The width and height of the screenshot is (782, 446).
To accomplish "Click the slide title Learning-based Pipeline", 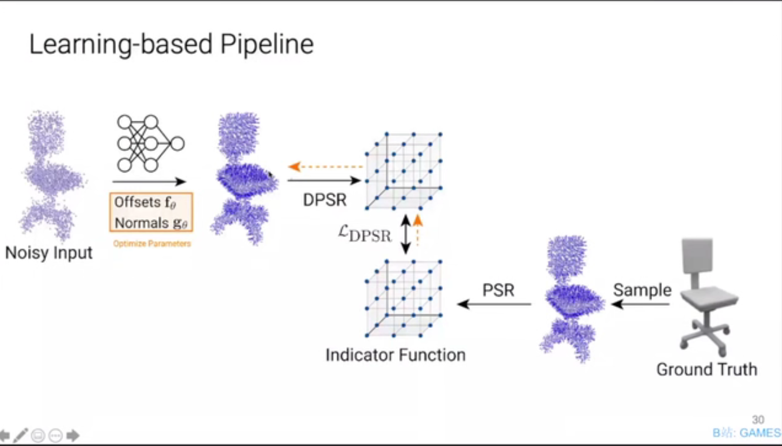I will [x=171, y=44].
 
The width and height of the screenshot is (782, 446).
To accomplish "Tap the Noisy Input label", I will [x=49, y=252].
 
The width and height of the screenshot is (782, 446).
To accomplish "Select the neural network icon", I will [x=151, y=143].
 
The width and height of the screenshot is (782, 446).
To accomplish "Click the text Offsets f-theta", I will [x=145, y=203].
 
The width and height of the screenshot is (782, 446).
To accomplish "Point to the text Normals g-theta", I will [x=151, y=222].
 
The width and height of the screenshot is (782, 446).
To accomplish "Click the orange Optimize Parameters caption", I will [x=152, y=244].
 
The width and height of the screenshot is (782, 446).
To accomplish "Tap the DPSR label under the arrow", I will [x=324, y=200].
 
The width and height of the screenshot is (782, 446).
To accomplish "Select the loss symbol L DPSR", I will [x=364, y=234].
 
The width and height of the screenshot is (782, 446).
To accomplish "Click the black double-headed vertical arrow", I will [x=405, y=234].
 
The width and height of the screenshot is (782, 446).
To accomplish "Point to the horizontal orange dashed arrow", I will [x=324, y=167].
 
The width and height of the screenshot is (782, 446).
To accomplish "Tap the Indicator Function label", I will [x=395, y=355].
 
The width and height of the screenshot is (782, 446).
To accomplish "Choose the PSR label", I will [x=498, y=290].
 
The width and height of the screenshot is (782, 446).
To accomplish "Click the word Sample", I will [x=642, y=290].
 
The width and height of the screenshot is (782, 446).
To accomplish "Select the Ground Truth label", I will [x=706, y=369].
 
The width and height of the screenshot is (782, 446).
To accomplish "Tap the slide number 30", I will [x=758, y=420].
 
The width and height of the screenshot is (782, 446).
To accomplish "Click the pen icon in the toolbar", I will [x=21, y=435].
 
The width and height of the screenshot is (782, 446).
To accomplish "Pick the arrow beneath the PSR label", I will [x=494, y=305].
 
